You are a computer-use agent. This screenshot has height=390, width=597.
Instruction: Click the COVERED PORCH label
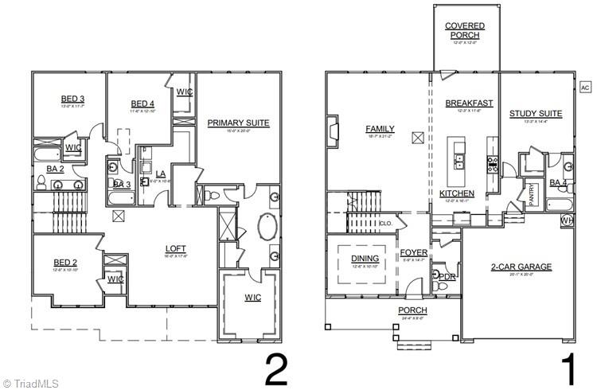pos(465,30)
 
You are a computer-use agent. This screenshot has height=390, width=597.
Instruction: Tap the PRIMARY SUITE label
pos(238,123)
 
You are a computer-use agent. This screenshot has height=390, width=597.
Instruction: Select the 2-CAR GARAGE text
pos(521,267)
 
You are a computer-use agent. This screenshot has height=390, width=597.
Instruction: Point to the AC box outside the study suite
pos(584,88)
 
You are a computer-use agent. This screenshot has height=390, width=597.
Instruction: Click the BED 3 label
pos(72,99)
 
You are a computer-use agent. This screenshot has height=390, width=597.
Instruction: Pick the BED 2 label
pos(65,263)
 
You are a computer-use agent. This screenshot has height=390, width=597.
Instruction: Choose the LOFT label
pos(176,248)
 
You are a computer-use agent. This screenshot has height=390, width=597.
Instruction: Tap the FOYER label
pos(414,252)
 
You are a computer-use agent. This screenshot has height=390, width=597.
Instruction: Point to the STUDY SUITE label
pos(536,114)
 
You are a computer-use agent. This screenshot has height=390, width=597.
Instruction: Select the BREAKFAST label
pos(469,103)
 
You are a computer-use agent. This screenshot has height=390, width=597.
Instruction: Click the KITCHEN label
pos(457,193)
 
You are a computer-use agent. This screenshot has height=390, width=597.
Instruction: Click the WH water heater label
pos(567,220)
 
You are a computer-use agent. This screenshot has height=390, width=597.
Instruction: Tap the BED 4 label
pos(142,104)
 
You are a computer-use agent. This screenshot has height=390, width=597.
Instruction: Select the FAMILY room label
pos(380,129)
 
